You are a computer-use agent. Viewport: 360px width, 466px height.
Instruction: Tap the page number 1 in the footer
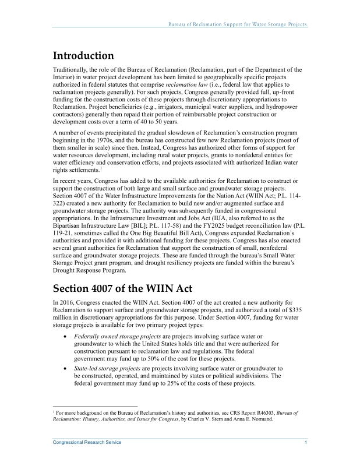(x=306, y=443)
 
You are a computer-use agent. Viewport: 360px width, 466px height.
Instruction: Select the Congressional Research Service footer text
(x=87, y=443)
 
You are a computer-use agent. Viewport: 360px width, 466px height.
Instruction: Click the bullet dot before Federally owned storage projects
(x=63, y=337)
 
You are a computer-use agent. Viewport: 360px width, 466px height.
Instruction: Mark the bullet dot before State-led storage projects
(x=63, y=369)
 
